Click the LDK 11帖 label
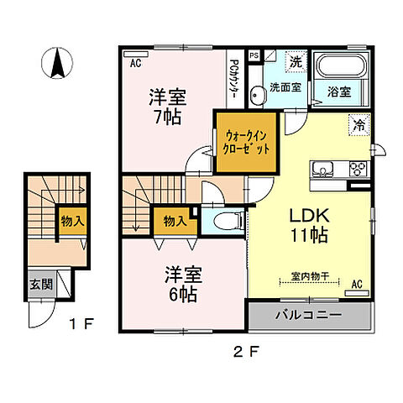point(311,225)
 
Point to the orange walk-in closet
point(247,142)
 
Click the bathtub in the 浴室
point(341,65)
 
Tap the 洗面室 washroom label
point(285,86)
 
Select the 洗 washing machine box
point(296,61)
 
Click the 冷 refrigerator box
point(359,124)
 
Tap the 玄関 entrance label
point(39,283)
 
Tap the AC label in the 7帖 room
point(135,62)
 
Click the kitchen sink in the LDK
point(322,170)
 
